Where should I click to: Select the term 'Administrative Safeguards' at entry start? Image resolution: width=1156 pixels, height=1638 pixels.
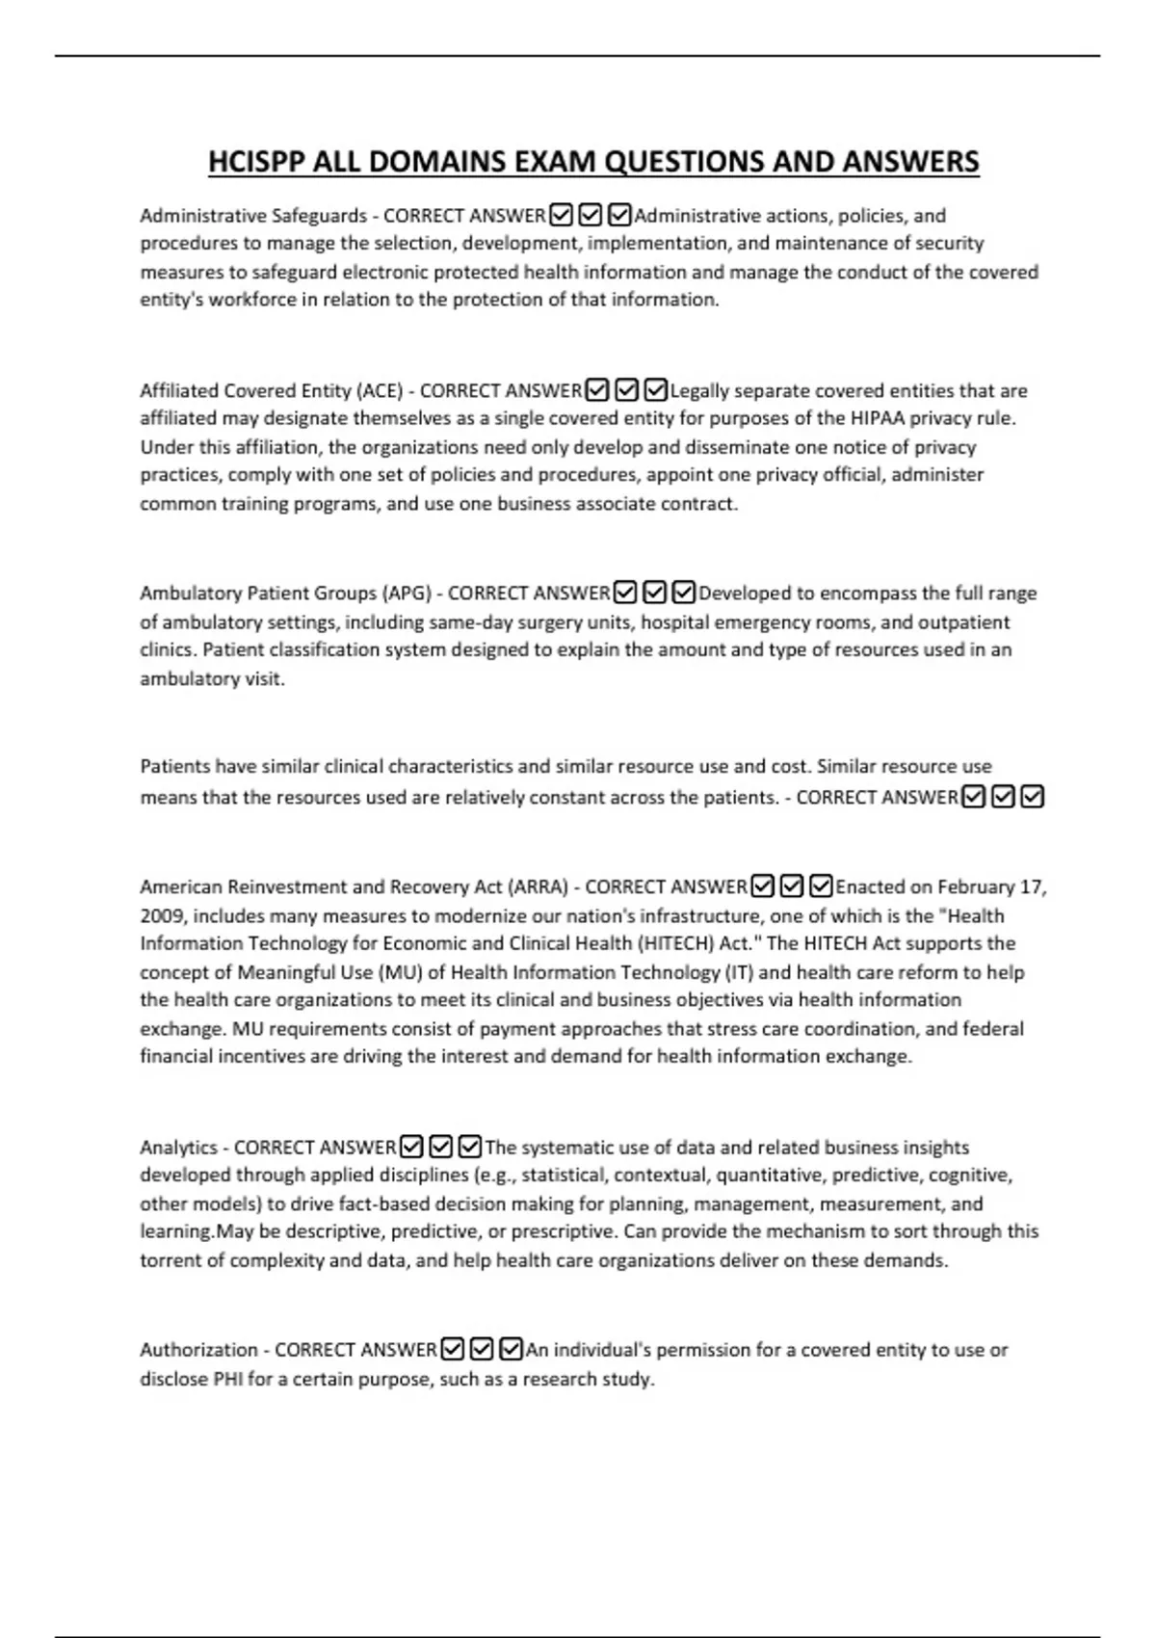pyautogui.click(x=253, y=216)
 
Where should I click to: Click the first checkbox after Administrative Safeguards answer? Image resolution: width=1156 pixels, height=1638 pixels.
pyautogui.click(x=561, y=215)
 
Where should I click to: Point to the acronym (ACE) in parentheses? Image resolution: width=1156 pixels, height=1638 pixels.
pyautogui.click(x=380, y=391)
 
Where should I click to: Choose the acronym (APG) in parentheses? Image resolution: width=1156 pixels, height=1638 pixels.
pyautogui.click(x=407, y=594)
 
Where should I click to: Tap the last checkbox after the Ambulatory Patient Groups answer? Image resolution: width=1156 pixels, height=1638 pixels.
pyautogui.click(x=684, y=592)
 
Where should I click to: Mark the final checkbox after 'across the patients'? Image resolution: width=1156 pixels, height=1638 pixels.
pyautogui.click(x=1032, y=797)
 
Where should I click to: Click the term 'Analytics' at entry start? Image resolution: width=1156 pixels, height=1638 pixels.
pyautogui.click(x=178, y=1148)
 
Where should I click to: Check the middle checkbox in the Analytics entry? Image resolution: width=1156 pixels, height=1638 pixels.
pyautogui.click(x=440, y=1147)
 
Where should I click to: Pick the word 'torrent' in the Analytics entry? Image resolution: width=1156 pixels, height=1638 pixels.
pyautogui.click(x=169, y=1260)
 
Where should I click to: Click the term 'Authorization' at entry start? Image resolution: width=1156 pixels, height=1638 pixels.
pyautogui.click(x=198, y=1350)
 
